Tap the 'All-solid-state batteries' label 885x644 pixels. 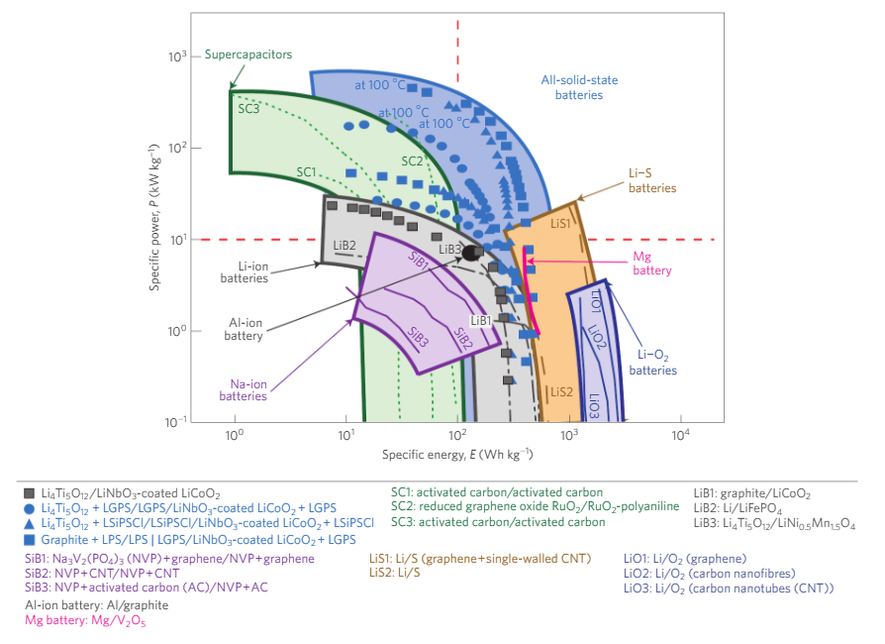pos(571,87)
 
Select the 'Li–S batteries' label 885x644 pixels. pos(652,180)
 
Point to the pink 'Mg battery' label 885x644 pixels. pos(651,263)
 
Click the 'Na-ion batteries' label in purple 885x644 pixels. pos(244,389)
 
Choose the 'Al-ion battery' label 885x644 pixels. pos(244,329)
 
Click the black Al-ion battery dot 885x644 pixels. pos(472,254)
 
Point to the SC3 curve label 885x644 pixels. pos(248,110)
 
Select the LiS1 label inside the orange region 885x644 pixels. pos(559,224)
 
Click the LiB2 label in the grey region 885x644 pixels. pos(344,246)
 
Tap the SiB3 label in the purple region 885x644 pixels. pos(418,339)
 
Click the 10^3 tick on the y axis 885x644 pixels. pos(177,57)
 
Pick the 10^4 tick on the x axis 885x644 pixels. pos(679,436)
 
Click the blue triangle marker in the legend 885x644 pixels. pos(30,523)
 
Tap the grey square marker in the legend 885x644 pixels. pos(30,492)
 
